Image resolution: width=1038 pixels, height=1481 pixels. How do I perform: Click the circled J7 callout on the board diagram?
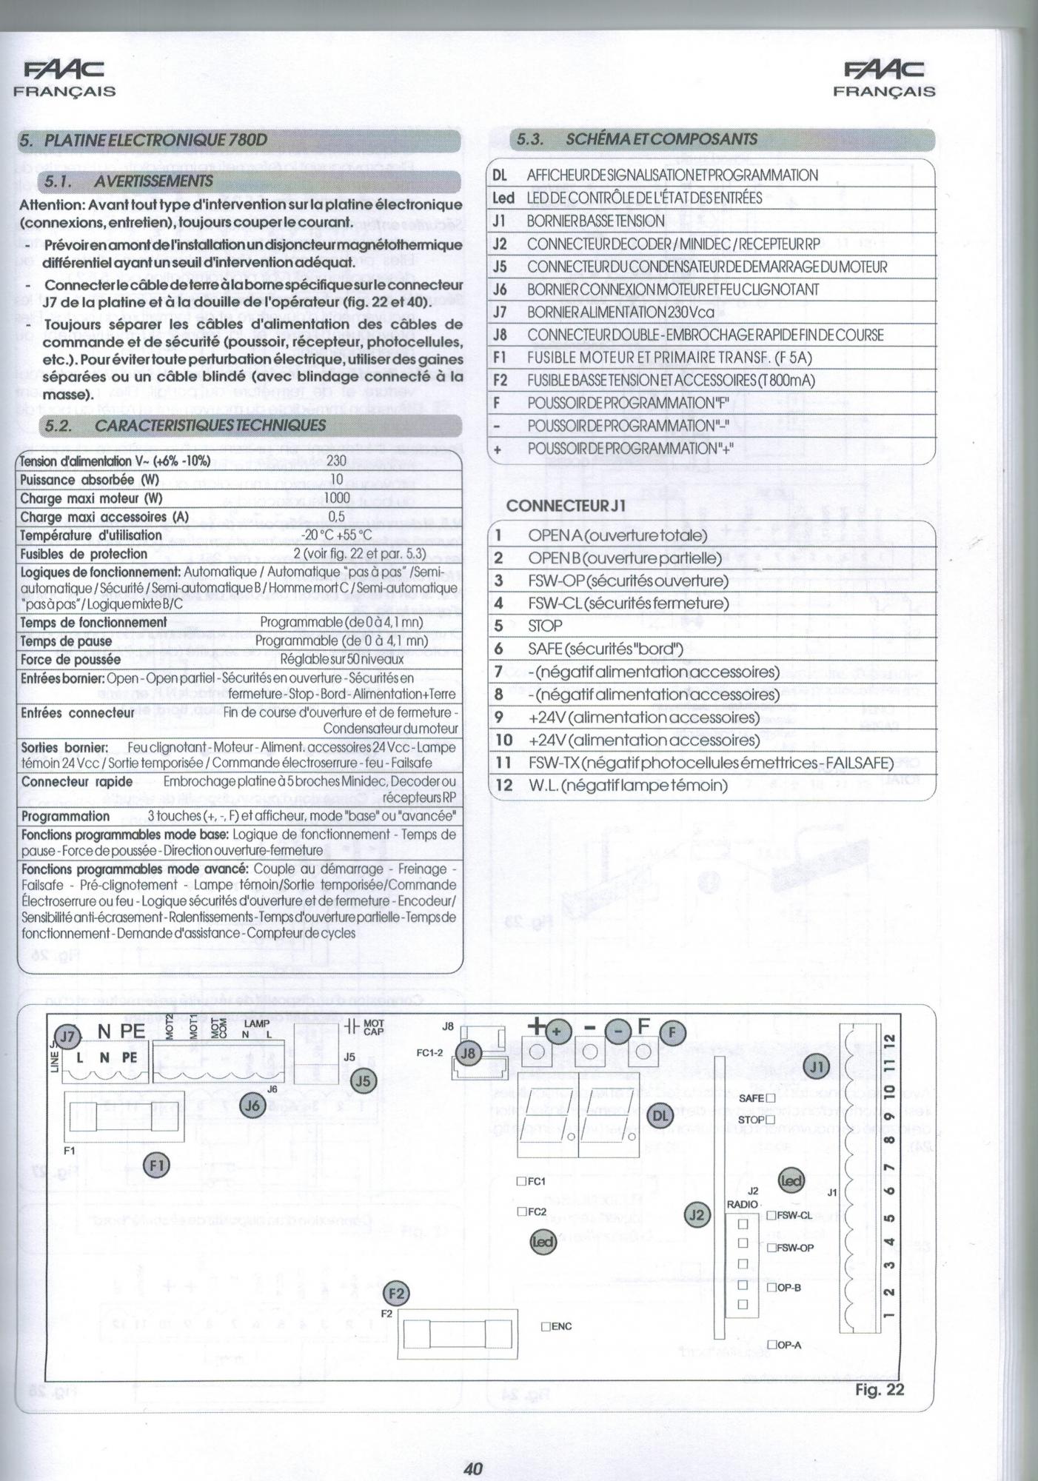pos(67,1037)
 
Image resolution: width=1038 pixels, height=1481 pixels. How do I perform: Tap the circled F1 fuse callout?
pos(156,1165)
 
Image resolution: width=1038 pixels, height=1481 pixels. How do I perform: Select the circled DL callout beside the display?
pos(660,1114)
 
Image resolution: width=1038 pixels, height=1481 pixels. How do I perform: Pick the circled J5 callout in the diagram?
pos(363,1081)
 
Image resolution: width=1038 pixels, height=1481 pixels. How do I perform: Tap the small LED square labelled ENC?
pos(546,1326)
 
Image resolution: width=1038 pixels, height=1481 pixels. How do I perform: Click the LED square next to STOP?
pos(770,1120)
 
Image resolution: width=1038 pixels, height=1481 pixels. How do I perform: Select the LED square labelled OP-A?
pos(771,1344)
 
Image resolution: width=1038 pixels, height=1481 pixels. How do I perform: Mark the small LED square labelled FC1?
pos(521,1181)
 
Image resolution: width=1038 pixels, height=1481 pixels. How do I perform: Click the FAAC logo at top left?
pos(64,70)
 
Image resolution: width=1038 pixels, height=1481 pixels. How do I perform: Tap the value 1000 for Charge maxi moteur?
pos(336,498)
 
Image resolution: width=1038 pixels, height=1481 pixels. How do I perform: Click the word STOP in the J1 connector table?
pos(545,626)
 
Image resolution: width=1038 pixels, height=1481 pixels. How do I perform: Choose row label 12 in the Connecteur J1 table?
pos(503,785)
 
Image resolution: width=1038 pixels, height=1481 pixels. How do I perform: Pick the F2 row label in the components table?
pos(500,381)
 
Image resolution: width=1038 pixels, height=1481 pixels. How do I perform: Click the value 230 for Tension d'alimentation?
pos(336,461)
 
